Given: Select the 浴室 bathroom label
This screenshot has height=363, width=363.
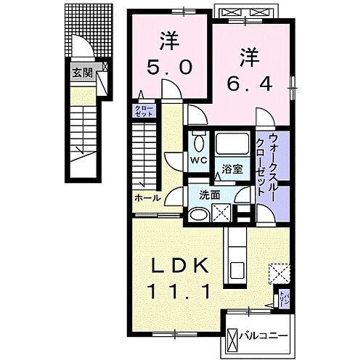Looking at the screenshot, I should pyautogui.click(x=233, y=170).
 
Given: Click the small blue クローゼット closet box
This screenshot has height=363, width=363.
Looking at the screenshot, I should pyautogui.click(x=142, y=110).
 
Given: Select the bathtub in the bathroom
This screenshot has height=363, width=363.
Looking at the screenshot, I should pyautogui.click(x=232, y=144).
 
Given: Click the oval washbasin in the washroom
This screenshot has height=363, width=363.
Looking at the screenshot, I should pyautogui.click(x=198, y=213).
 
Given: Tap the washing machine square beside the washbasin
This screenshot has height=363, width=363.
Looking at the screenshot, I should pyautogui.click(x=221, y=212).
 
